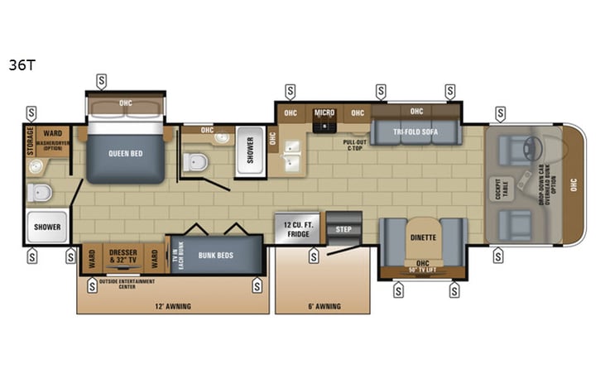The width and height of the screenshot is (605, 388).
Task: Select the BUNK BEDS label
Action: tap(214, 256)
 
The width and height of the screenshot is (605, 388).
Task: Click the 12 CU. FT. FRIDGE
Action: tap(296, 228)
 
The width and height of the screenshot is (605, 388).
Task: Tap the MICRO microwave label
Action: tap(324, 113)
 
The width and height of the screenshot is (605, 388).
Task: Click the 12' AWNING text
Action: tap(172, 306)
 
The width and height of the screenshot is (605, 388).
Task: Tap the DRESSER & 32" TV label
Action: tap(123, 256)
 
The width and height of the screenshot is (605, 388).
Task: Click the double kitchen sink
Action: tap(294, 152)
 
